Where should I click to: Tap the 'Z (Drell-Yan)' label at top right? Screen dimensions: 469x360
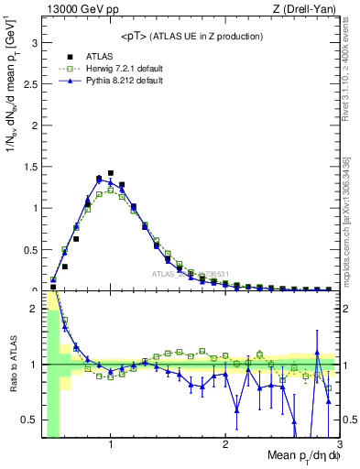pos(309,9)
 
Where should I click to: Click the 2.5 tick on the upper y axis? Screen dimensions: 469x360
pos(31,83)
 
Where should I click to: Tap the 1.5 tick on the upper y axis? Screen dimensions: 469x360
pos(31,166)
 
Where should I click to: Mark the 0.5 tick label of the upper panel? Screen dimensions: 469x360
pos(31,249)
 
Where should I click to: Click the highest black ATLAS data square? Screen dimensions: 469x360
pos(111,172)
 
